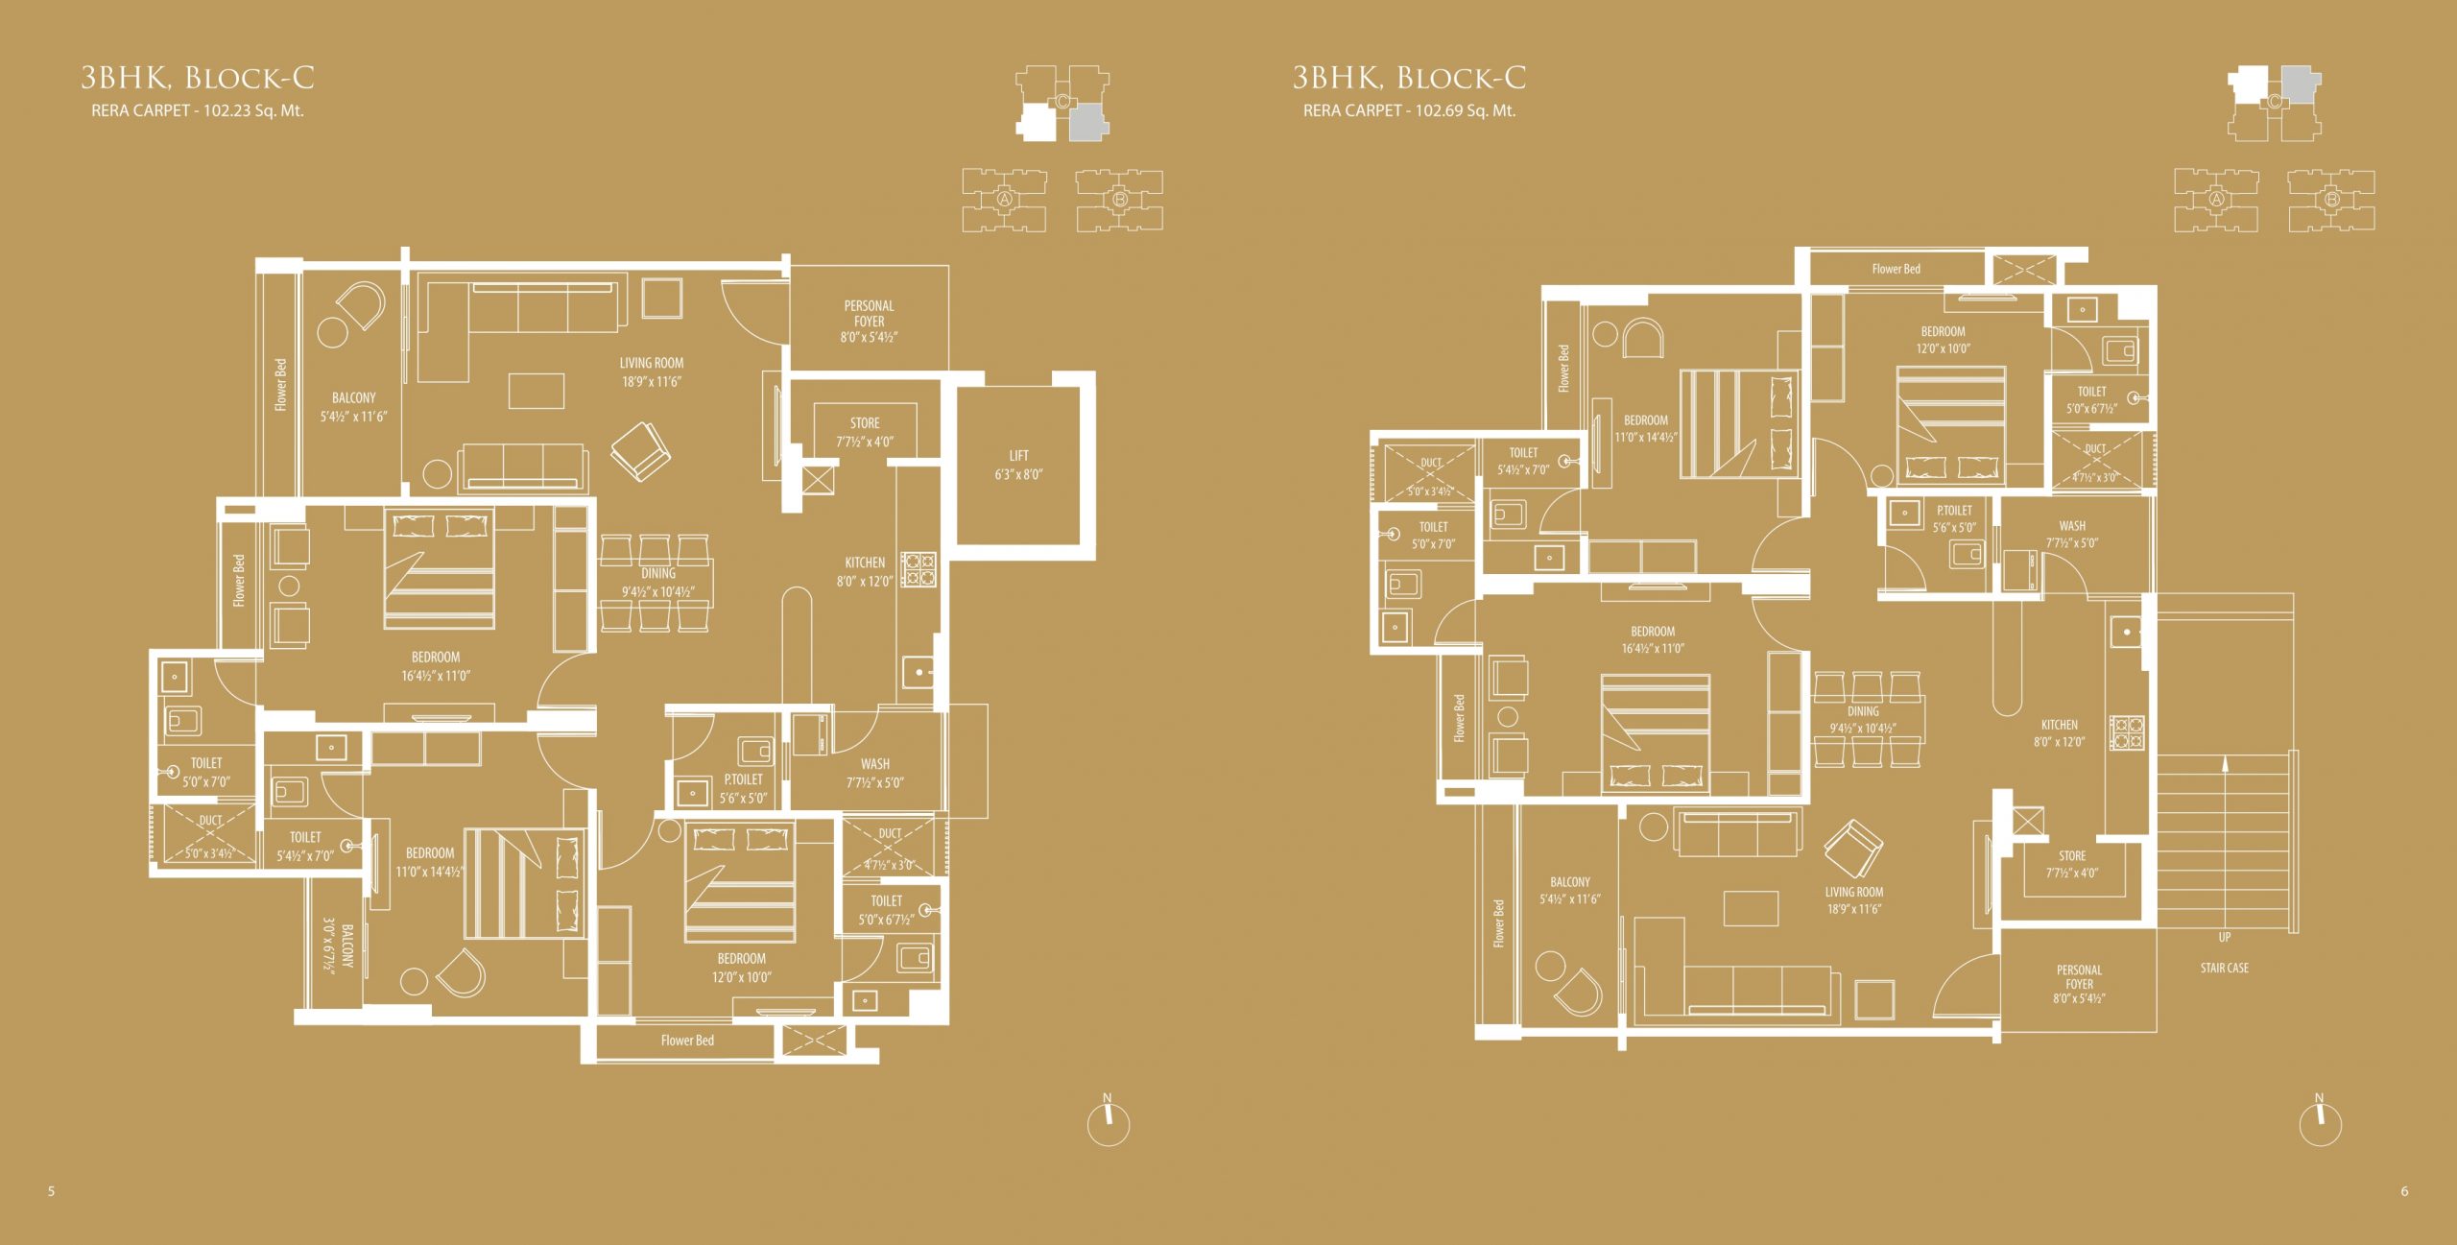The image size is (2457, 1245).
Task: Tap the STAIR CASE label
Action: pos(2225,968)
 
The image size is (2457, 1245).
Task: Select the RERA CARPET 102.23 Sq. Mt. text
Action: pos(198,110)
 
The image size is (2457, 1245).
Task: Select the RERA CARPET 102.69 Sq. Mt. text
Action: pos(1409,110)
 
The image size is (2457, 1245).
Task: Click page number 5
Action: pos(52,1191)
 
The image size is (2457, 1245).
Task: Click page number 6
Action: pos(2404,1191)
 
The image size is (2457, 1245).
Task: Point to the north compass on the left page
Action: pos(1109,1119)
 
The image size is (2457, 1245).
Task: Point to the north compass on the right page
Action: pos(2321,1119)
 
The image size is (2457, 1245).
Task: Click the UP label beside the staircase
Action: pos(2225,937)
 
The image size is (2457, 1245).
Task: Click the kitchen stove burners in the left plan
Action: pos(918,568)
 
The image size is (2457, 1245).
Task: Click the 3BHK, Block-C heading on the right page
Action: pos(1409,77)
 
